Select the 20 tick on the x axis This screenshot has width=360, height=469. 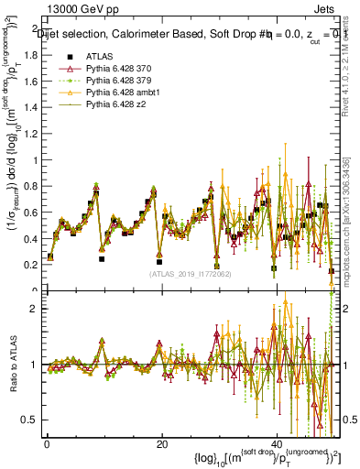(161, 443)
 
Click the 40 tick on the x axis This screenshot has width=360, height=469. (277, 443)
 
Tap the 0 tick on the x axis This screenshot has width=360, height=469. (46, 443)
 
